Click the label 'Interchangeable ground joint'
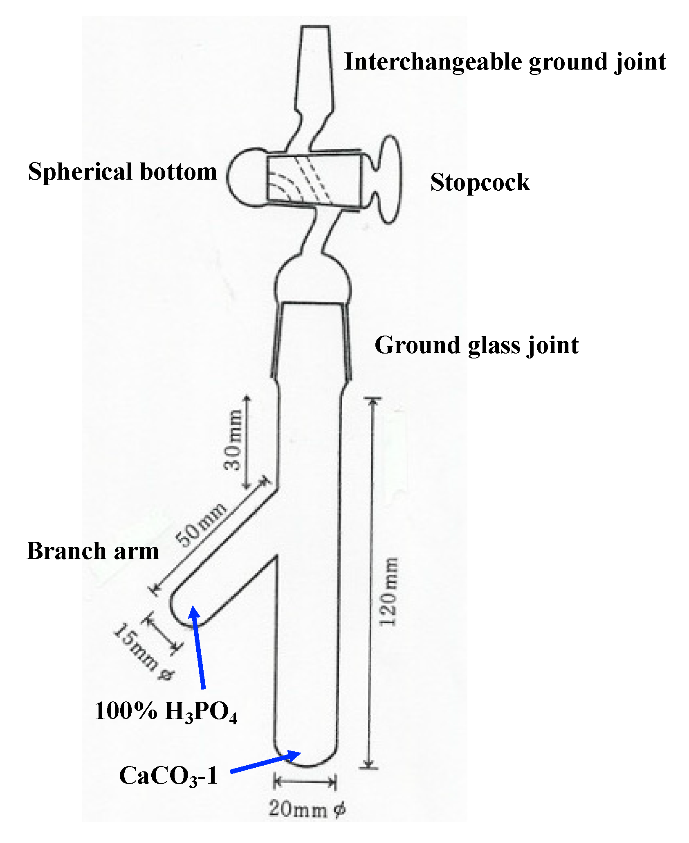pos(505,63)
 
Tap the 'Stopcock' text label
pos(480,182)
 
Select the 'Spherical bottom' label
pos(122,171)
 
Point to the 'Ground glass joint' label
pos(476,345)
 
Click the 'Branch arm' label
pos(93,551)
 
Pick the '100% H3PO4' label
pos(166,711)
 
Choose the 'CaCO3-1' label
pos(168,776)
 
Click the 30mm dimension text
pos(233,440)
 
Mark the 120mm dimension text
pos(388,592)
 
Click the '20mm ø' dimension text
pos(307,809)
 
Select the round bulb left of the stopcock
pos(245,177)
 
